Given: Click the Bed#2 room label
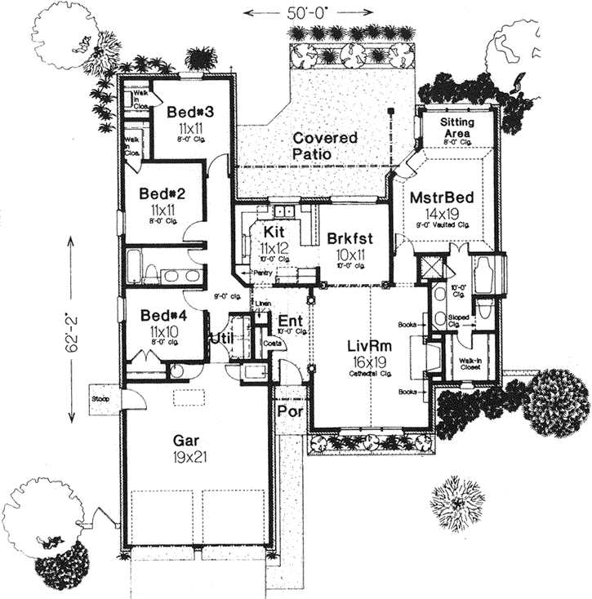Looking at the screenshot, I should pos(158,194).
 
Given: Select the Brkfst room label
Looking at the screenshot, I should pos(349,239).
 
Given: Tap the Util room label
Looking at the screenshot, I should pos(221,336).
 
